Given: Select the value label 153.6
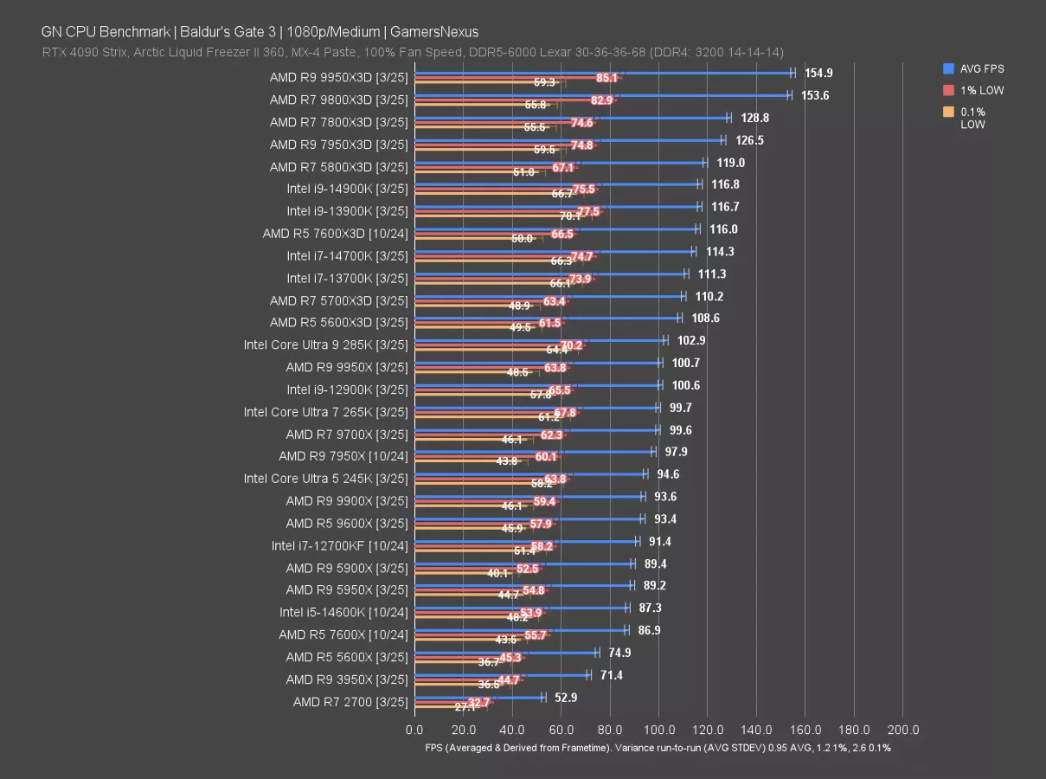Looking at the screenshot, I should (x=815, y=95).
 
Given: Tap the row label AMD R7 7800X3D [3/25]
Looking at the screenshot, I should (x=338, y=122).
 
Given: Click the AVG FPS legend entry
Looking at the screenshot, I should (x=982, y=68).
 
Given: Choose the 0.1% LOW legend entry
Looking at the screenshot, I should (x=972, y=118).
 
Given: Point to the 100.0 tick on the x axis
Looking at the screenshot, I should (x=659, y=729).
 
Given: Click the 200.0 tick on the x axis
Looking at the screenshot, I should (x=903, y=729).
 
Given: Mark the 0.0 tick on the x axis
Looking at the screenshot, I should (x=415, y=729).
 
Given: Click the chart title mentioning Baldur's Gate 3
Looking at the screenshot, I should (x=260, y=32).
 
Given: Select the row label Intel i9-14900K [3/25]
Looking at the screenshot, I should (x=347, y=189).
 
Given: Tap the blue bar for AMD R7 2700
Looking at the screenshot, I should (x=479, y=697).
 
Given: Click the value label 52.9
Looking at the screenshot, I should (x=568, y=697).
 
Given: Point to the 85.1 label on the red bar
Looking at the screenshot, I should (x=607, y=78).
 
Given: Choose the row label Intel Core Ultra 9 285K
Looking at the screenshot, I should (x=325, y=344).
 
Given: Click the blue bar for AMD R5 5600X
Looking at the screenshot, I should (x=506, y=653).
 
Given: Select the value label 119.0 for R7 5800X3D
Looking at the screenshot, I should (x=730, y=162).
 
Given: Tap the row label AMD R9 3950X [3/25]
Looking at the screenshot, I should (x=346, y=679).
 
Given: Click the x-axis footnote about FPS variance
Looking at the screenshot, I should (x=658, y=748).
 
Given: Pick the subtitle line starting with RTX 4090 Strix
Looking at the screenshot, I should (x=413, y=53).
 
